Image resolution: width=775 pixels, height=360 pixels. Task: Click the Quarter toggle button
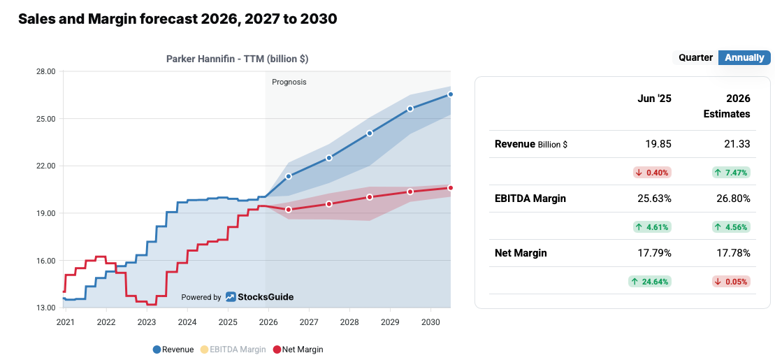(695, 58)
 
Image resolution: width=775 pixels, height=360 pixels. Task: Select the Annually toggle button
(744, 58)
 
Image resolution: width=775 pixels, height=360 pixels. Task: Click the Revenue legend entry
(173, 349)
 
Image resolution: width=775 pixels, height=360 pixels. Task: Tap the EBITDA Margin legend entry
(233, 349)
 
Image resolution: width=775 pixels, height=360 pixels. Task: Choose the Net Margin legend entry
(298, 349)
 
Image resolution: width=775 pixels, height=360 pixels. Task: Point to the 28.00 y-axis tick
(45, 71)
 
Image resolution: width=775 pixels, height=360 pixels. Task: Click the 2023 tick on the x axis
(147, 322)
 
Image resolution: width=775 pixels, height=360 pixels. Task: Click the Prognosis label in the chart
(289, 82)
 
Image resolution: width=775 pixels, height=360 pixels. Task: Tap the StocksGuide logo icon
(231, 297)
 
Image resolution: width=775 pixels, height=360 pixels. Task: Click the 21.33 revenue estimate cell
(737, 144)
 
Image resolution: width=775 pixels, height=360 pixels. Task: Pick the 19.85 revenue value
(658, 144)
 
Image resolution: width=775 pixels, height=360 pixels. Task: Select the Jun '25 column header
(654, 99)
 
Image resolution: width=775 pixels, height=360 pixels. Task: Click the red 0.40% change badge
(652, 172)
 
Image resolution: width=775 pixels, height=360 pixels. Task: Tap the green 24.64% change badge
(650, 282)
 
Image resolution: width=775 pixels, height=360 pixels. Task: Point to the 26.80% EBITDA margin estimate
(734, 199)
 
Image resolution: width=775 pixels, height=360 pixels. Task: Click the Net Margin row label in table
(521, 253)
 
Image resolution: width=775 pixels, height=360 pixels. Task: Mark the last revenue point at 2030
(451, 94)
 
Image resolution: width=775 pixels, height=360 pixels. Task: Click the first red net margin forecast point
(289, 210)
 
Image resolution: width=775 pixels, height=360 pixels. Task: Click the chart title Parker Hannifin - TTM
(237, 59)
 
